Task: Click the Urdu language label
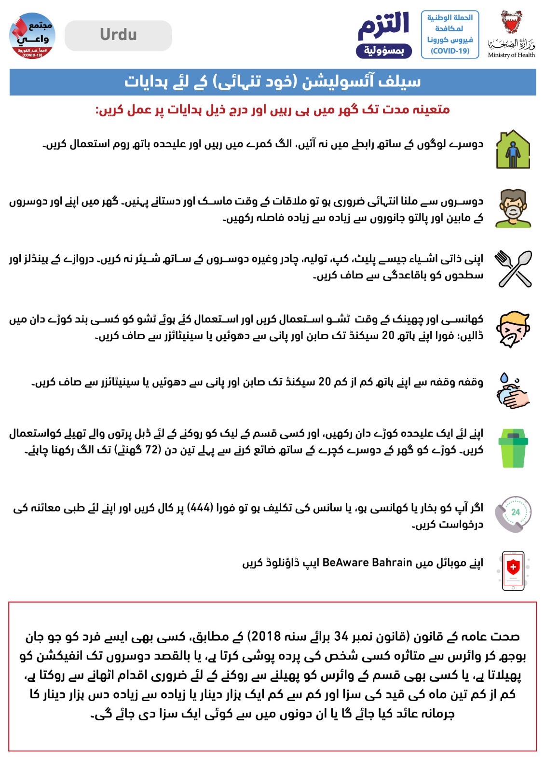118,35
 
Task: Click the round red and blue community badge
32,35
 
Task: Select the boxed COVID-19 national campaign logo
450,35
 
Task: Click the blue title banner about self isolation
272,82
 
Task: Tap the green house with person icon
513,150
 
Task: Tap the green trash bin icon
513,448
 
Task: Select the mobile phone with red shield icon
513,571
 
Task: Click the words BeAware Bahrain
367,563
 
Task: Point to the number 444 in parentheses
201,508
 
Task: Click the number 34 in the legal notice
341,636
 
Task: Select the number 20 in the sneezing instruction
388,335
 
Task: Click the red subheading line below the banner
272,110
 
